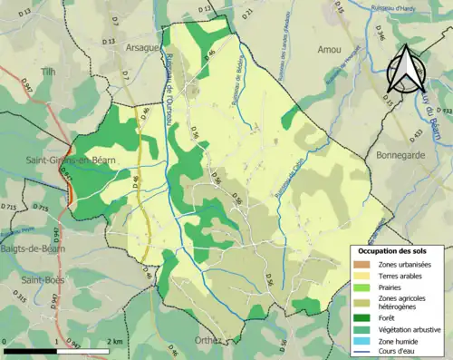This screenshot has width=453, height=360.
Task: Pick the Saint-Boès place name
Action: point(42,280)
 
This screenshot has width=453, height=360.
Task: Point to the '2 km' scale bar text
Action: point(114,342)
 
